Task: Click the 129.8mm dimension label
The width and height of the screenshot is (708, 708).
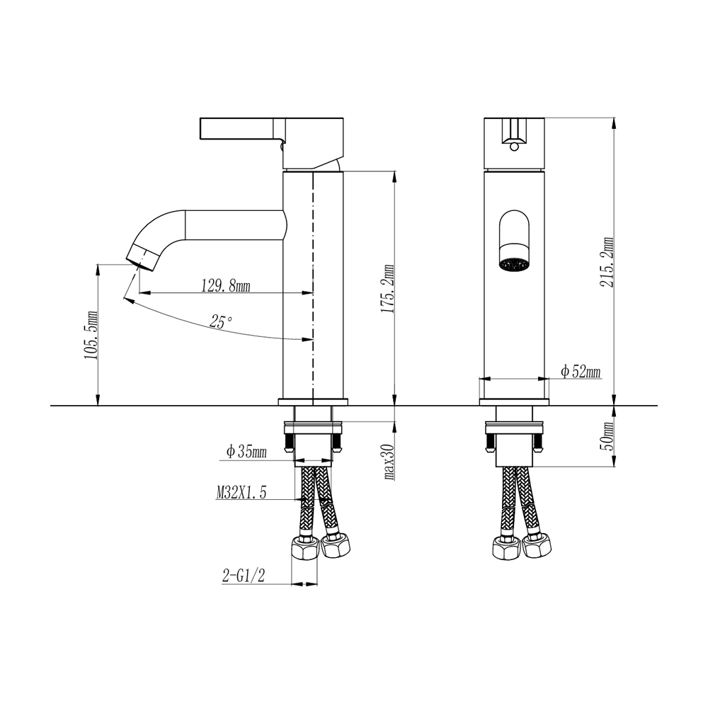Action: [226, 286]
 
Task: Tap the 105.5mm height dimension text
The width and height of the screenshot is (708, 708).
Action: [90, 335]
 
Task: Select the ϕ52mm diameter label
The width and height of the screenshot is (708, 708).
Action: [580, 371]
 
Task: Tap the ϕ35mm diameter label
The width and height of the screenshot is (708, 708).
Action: [246, 452]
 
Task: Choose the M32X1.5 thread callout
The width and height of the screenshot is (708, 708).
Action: [241, 493]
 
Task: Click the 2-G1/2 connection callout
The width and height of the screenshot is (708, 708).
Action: [243, 576]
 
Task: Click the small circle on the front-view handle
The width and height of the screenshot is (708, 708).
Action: [513, 147]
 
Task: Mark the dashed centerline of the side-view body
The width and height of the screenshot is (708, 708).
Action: [312, 283]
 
